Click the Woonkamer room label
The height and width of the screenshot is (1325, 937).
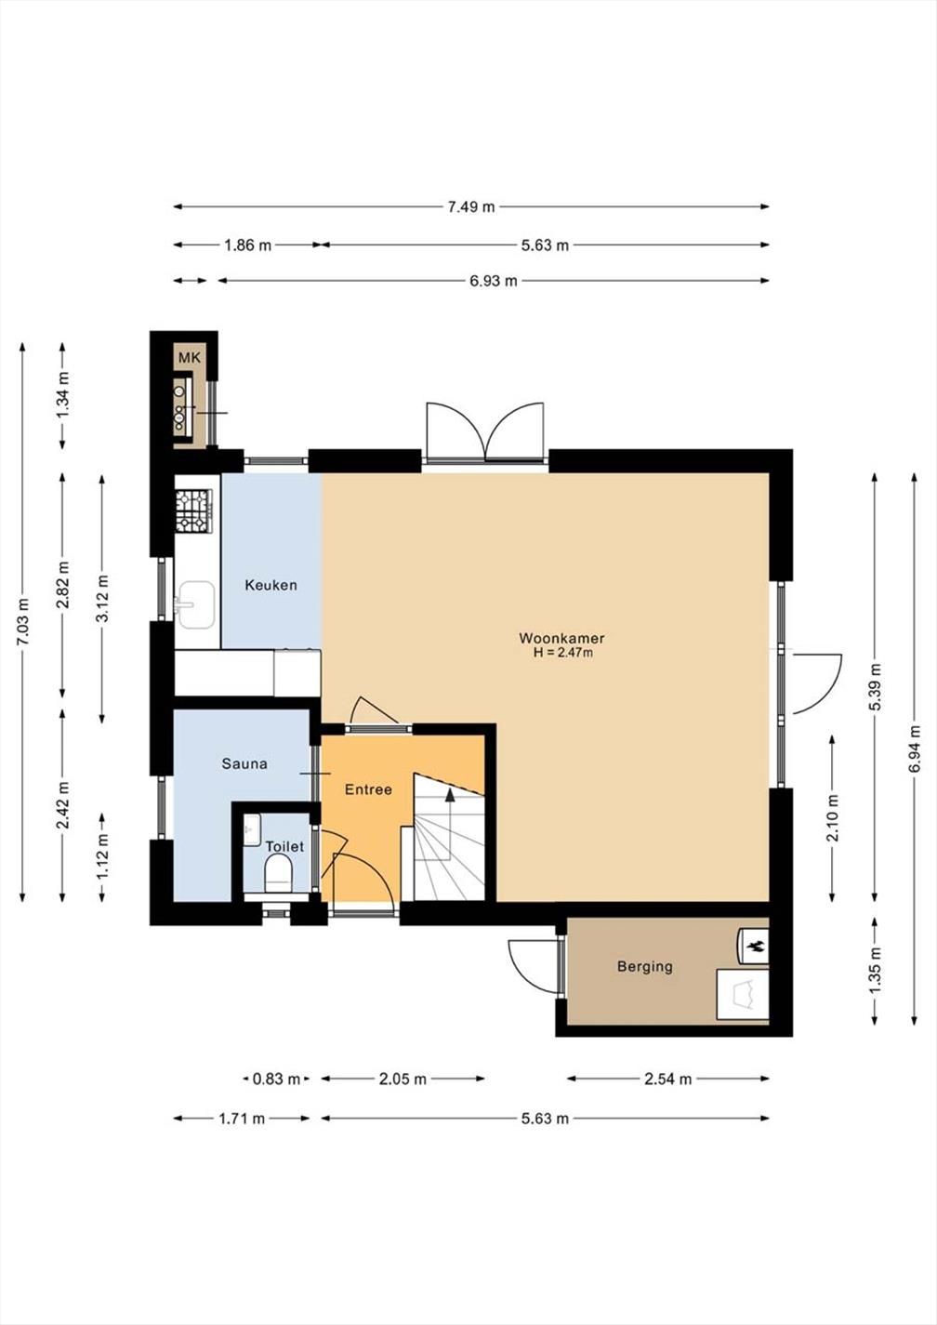click(561, 638)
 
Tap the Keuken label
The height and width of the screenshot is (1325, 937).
click(271, 585)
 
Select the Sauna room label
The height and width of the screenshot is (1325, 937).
click(244, 763)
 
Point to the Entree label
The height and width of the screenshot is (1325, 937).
click(368, 789)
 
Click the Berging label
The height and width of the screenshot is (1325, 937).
click(644, 966)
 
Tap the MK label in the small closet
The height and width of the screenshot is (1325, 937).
click(190, 358)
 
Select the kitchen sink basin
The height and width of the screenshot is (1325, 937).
click(196, 604)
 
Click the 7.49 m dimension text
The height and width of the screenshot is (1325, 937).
click(471, 207)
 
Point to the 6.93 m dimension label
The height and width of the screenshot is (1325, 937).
click(493, 281)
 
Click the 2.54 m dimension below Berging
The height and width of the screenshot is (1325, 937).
click(668, 1079)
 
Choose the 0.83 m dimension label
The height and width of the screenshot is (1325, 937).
click(277, 1079)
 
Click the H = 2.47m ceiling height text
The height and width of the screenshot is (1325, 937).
click(562, 653)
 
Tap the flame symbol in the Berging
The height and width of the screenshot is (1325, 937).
click(756, 947)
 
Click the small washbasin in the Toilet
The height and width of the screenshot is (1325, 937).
click(252, 830)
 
